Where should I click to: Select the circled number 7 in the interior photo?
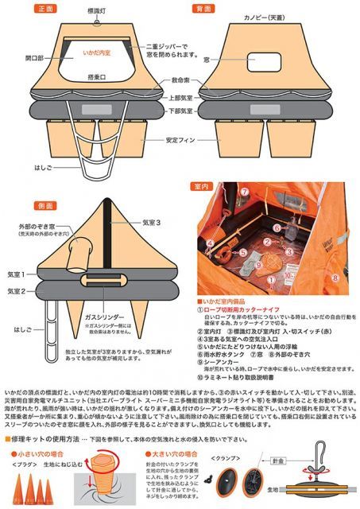246,192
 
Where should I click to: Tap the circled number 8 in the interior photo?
335,278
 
